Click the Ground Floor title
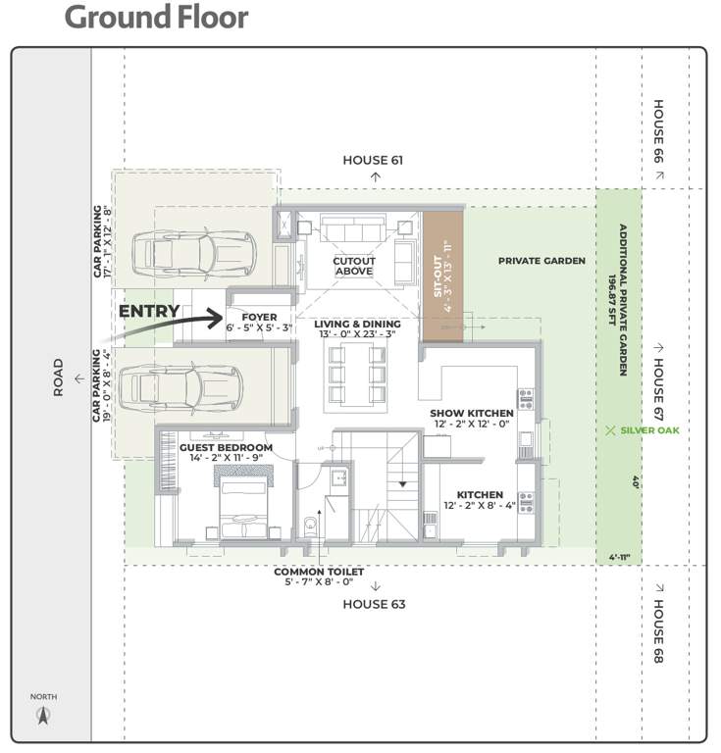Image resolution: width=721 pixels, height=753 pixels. coord(156,18)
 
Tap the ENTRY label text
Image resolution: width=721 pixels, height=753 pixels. coord(148,312)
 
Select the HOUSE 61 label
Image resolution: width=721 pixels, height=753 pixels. coord(373,160)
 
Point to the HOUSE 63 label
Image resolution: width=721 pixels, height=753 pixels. coord(373,604)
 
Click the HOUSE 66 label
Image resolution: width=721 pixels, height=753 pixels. coord(658,132)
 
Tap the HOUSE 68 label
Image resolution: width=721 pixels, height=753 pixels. coord(658,632)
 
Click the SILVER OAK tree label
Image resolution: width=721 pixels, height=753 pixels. coord(650,429)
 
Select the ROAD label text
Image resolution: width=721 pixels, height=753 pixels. coord(58,377)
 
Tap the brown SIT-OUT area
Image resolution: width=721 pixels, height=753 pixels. coord(441,276)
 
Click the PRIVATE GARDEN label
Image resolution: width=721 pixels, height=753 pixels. coord(541,261)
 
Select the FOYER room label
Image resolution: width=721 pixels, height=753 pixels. coord(259,317)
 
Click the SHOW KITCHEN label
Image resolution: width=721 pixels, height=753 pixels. coord(471,414)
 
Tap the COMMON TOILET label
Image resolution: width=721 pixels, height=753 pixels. coord(319,572)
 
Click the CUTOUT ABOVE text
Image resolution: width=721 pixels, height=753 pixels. coord(353,265)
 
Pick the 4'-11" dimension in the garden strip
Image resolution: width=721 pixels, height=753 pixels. coord(618,558)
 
